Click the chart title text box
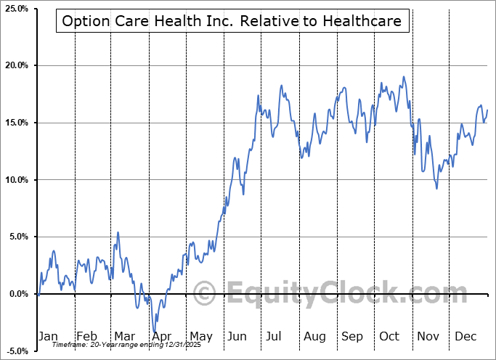(x=232, y=21)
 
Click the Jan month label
(x=47, y=336)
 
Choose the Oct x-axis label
(x=389, y=336)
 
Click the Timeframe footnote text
(x=116, y=345)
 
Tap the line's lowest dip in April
(x=154, y=330)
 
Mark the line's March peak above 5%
(x=118, y=232)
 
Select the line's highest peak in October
(x=403, y=76)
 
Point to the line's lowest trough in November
(x=436, y=189)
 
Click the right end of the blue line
(x=487, y=110)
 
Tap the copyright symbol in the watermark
(x=206, y=294)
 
